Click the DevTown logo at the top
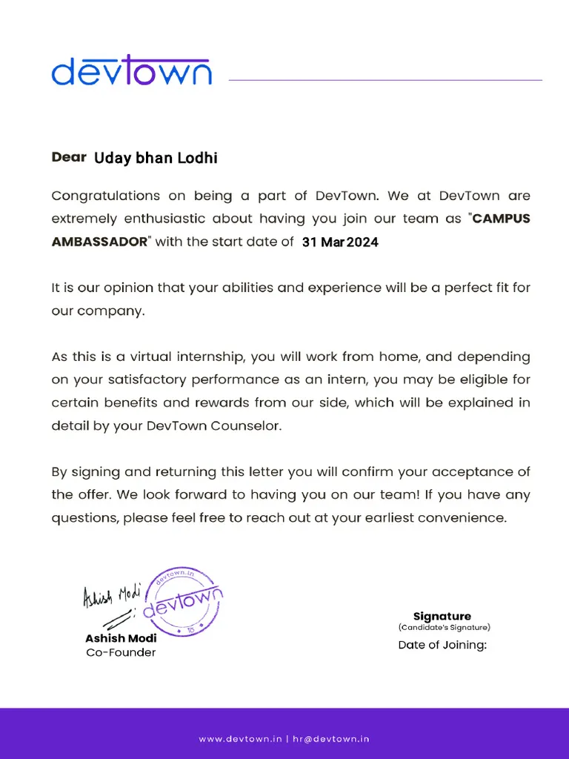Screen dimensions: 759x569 132,70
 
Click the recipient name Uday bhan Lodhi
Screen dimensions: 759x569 156,158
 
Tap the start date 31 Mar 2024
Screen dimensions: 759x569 340,242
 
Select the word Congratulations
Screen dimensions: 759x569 105,196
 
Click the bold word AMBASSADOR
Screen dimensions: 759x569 99,242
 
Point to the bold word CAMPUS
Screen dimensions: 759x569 502,219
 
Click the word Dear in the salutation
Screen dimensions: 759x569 70,157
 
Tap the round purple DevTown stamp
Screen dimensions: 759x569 182,602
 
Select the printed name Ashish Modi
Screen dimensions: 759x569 121,638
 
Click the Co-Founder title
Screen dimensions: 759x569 121,652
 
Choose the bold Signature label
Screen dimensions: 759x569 442,616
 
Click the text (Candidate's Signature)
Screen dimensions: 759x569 444,628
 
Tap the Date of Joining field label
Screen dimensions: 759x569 442,645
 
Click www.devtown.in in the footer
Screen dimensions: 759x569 241,738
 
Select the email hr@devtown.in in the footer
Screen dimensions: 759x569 331,738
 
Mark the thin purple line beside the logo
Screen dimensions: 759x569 385,80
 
